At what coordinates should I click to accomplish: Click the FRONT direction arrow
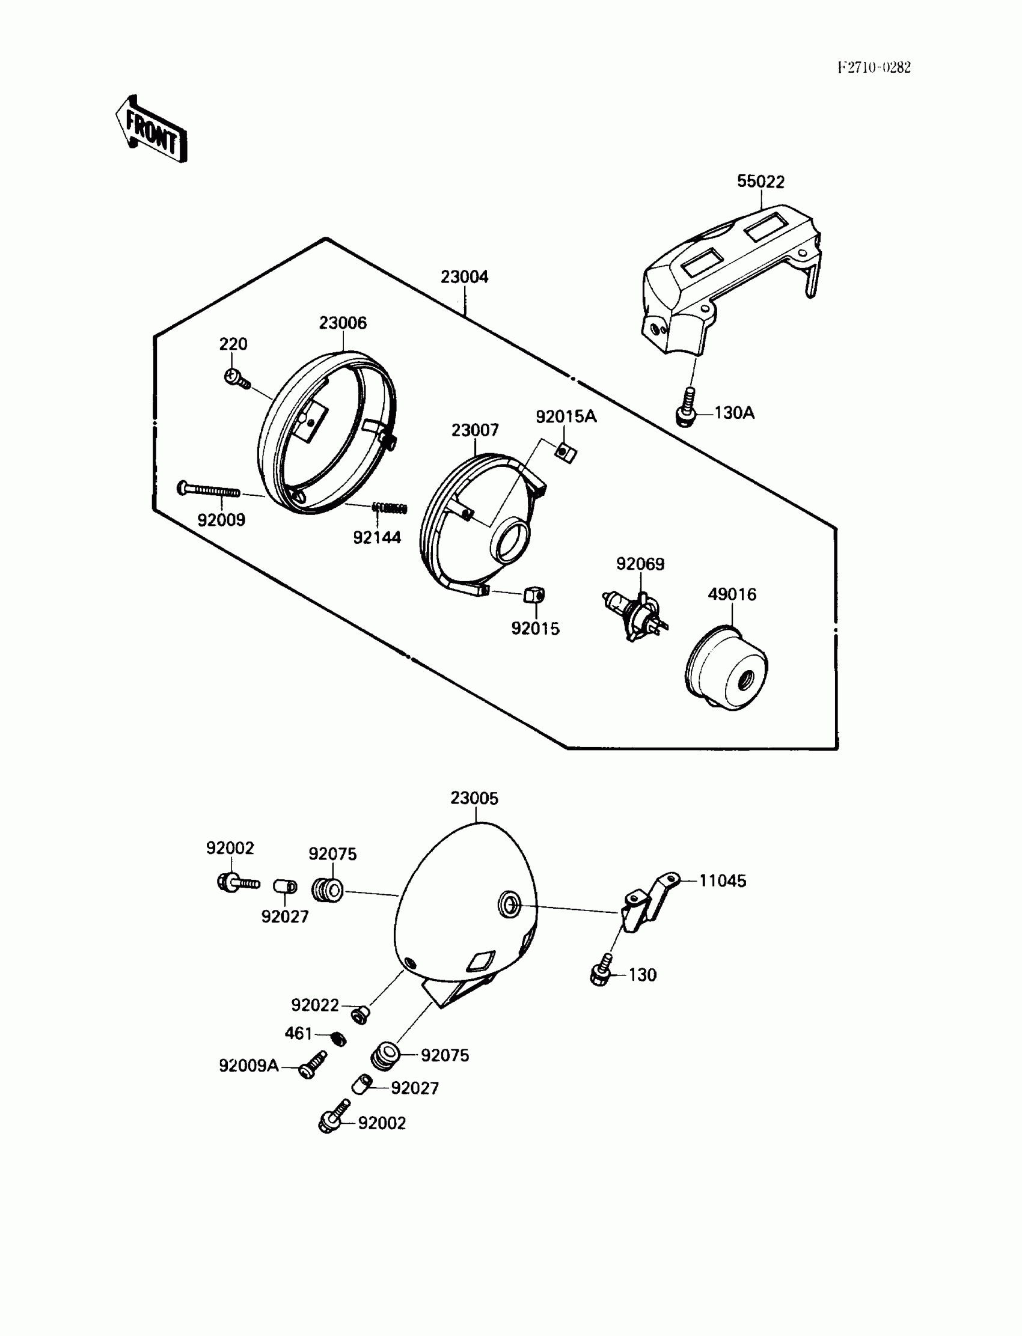(150, 130)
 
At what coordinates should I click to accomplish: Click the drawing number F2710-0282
(874, 67)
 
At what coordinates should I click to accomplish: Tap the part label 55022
(760, 181)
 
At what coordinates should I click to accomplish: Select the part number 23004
(464, 276)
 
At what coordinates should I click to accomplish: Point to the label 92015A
(566, 416)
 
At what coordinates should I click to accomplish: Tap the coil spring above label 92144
(390, 508)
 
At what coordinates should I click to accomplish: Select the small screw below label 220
(236, 379)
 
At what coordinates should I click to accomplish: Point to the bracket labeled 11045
(649, 904)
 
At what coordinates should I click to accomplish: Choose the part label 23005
(474, 798)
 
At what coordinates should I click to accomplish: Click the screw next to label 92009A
(311, 1066)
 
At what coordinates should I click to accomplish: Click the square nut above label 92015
(533, 594)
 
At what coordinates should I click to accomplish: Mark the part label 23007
(474, 430)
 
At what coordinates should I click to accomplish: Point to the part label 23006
(343, 323)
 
